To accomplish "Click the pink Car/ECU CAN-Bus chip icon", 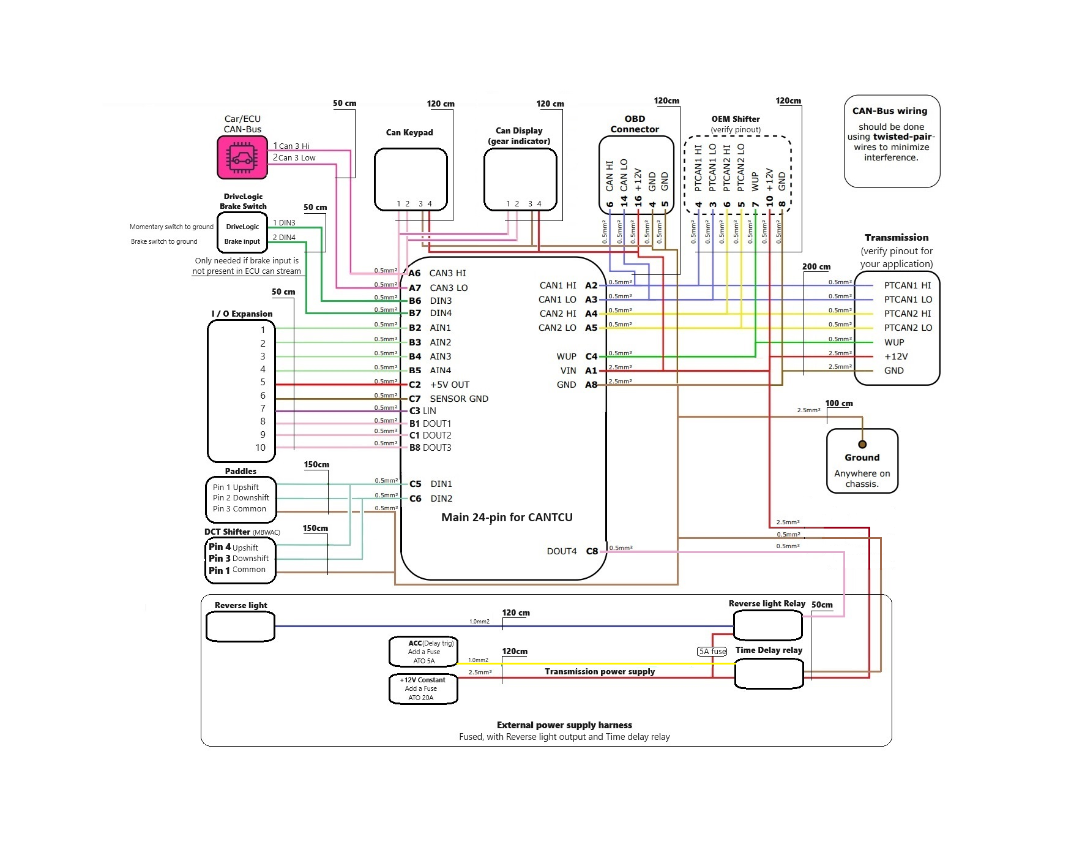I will tap(242, 157).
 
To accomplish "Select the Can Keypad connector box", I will tap(411, 179).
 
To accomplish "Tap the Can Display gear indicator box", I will tap(520, 179).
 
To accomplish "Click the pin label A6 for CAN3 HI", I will tap(415, 273).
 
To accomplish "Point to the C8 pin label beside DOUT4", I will tap(592, 551).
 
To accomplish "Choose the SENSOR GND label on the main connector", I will tap(459, 399).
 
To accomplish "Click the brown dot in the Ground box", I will tap(862, 445).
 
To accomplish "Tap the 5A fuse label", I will tap(712, 652).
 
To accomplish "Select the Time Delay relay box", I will tap(769, 674).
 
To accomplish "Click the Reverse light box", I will tap(241, 627).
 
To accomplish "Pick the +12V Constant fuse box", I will tap(423, 689).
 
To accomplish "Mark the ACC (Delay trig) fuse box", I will tap(423, 652).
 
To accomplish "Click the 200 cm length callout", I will tap(816, 267).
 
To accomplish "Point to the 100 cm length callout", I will tap(839, 404).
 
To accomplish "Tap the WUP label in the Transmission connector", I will tap(894, 342).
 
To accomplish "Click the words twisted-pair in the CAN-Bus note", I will tap(903, 137).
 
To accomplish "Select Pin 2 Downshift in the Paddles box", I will tap(241, 498).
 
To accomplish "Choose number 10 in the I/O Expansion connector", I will tap(261, 448).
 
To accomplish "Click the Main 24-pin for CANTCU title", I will tap(507, 518).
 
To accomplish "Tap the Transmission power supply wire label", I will tap(600, 672).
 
